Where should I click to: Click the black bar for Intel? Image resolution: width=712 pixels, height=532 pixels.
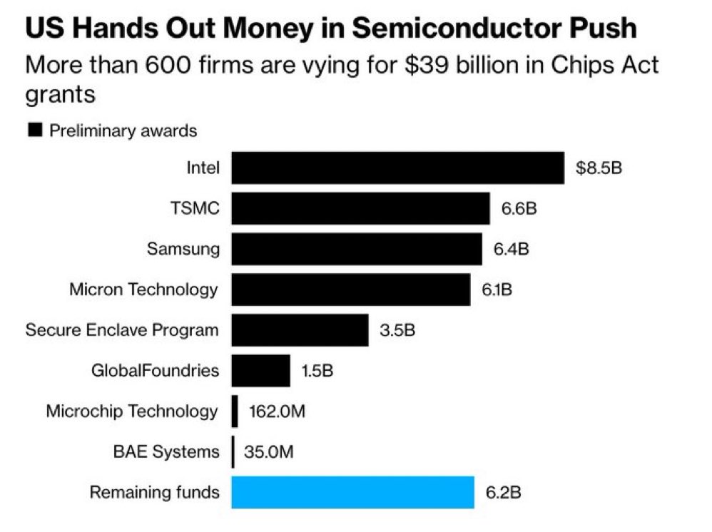coord(397,168)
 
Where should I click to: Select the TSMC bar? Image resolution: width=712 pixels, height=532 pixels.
coord(360,208)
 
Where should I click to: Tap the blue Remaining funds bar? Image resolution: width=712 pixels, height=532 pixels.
coord(352,491)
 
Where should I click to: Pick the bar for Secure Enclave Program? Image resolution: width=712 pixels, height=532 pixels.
coord(300,329)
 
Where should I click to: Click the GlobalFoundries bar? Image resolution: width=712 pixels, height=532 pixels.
coord(260,370)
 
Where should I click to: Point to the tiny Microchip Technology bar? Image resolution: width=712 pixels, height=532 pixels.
coord(235,411)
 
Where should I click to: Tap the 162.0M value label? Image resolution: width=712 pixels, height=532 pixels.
coord(277,411)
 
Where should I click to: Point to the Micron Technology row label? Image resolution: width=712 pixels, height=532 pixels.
coord(143,290)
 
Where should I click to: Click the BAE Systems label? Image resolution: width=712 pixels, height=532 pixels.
coord(166,451)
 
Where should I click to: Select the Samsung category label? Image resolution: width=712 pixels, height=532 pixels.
coord(183,249)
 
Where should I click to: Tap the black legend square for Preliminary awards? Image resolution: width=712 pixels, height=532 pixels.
coord(34,131)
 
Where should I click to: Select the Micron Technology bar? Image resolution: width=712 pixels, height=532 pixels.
coord(350,290)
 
